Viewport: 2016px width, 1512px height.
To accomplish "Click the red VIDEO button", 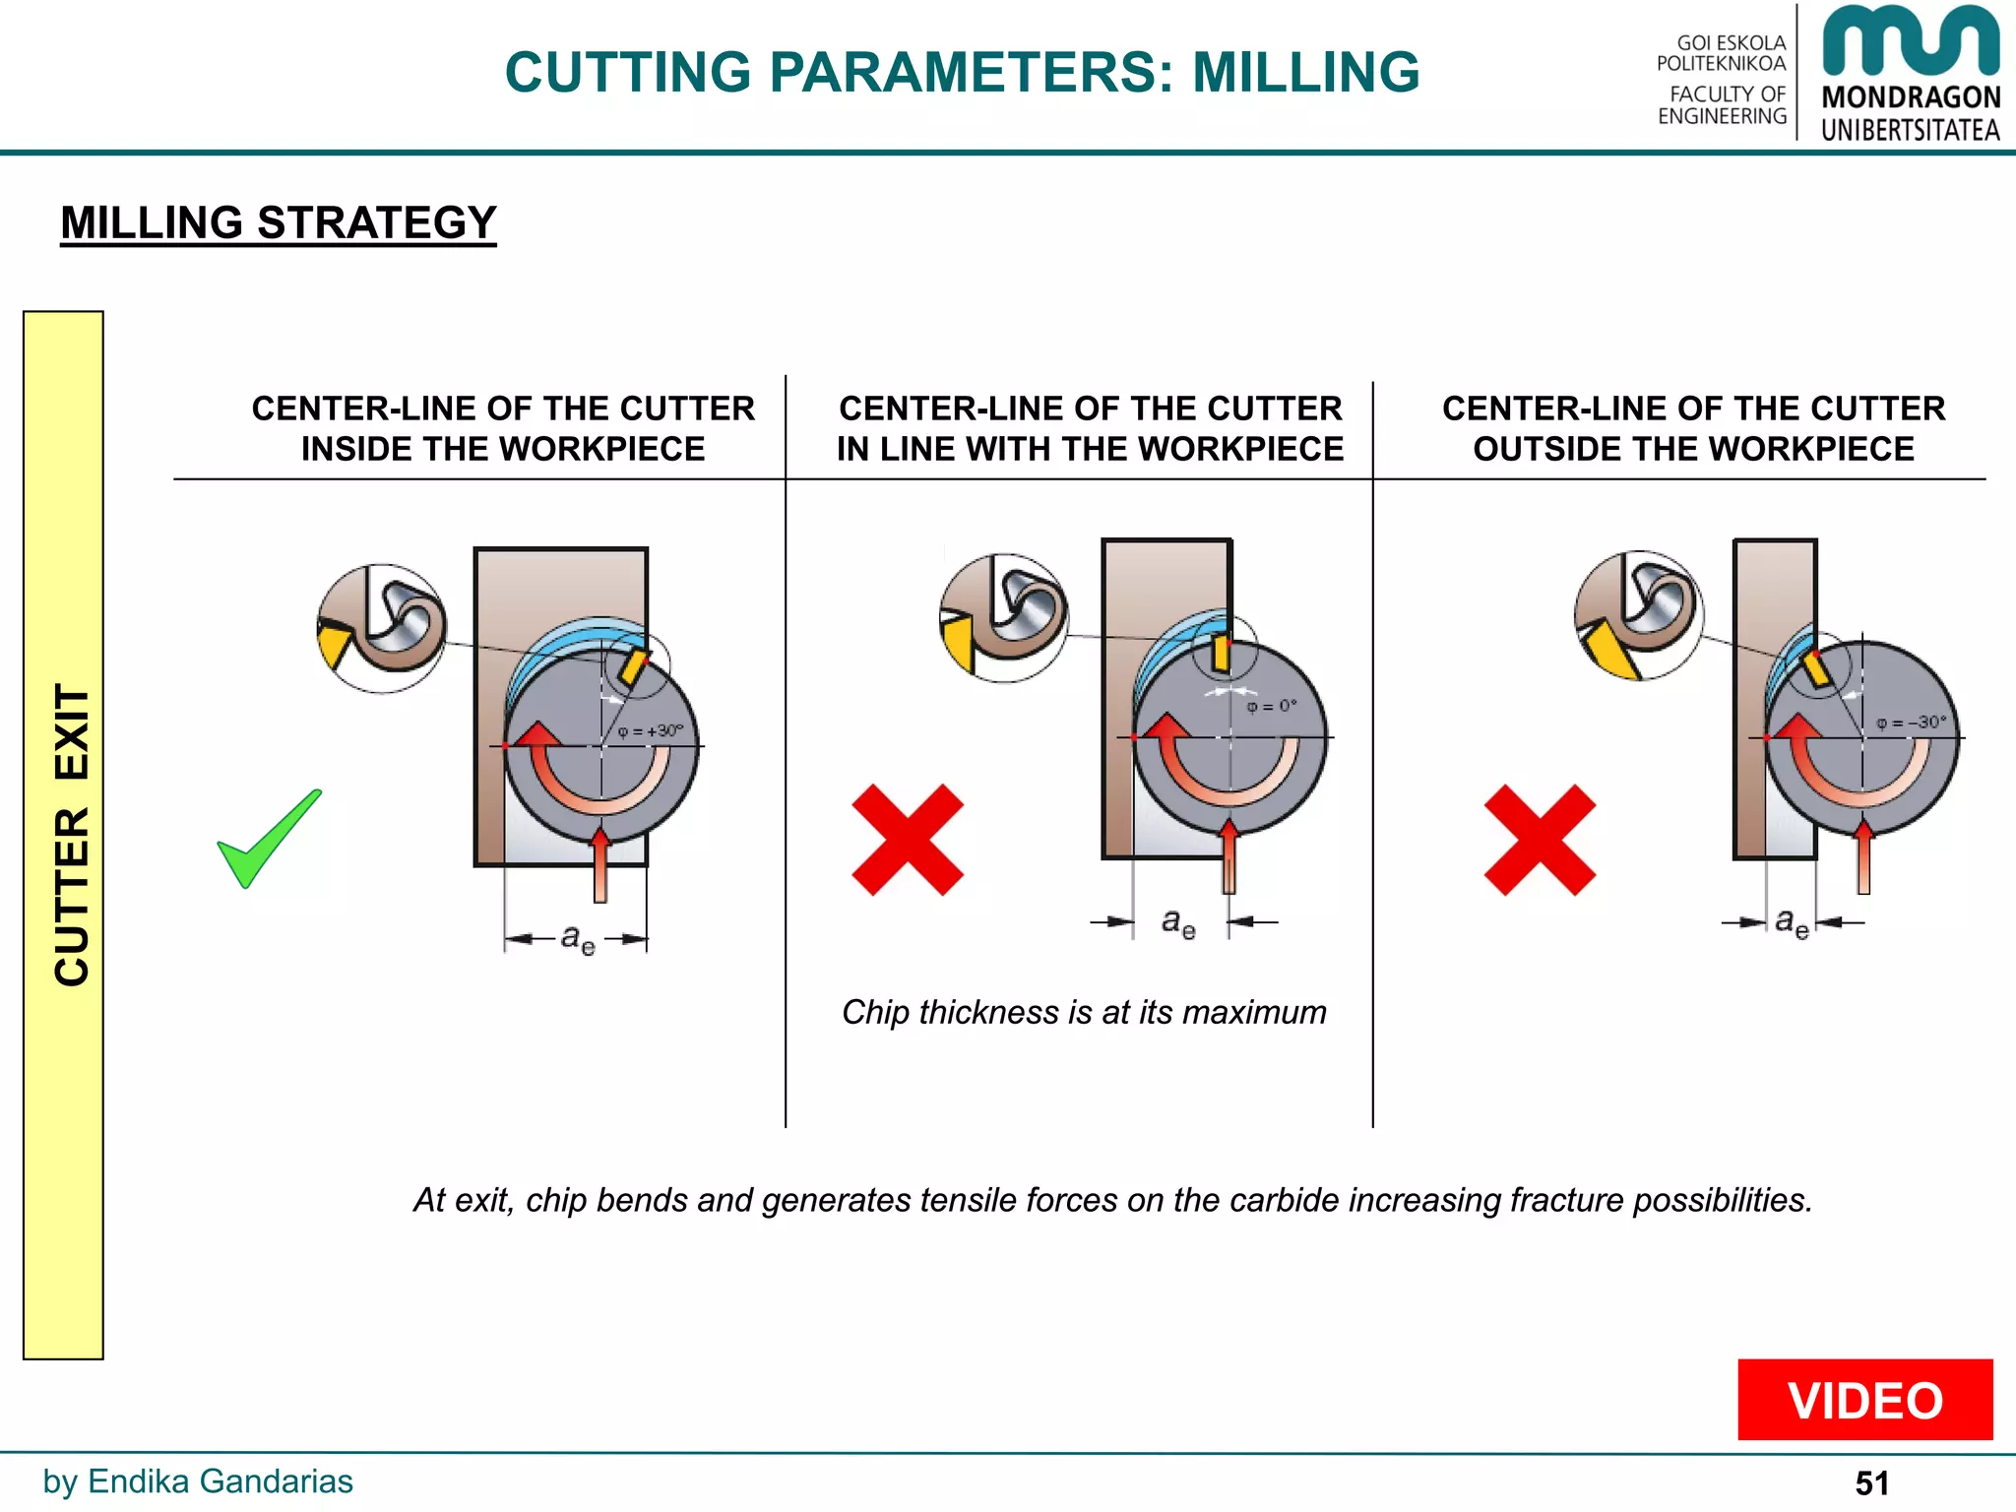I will coord(1864,1400).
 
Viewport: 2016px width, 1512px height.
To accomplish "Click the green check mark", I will coord(268,840).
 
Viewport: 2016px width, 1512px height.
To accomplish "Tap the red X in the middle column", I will coord(907,840).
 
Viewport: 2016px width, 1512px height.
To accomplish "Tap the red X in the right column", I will coord(1540,840).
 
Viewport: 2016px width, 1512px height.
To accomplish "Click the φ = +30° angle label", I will coord(650,731).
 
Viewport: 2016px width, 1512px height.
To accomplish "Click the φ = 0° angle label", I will coord(1272,706).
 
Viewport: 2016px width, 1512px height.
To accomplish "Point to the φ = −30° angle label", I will coord(1911,723).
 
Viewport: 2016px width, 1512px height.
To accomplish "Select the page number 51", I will coord(1871,1483).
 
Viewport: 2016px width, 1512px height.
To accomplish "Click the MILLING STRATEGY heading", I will coord(279,222).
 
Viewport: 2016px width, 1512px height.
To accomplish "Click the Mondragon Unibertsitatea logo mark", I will coord(1910,41).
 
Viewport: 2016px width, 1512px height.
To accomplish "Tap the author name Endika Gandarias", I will coord(220,1481).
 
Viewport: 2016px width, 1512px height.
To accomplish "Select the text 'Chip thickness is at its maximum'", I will coord(1084,1012).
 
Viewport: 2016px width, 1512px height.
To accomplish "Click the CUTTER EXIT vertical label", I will coord(71,835).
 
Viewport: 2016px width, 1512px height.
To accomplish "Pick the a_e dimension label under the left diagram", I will coord(578,938).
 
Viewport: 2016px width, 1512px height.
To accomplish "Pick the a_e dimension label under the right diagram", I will coord(1792,922).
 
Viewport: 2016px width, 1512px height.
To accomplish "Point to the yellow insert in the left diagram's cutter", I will coord(632,666).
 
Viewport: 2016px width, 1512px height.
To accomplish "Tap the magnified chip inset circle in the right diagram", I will coord(1638,615).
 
